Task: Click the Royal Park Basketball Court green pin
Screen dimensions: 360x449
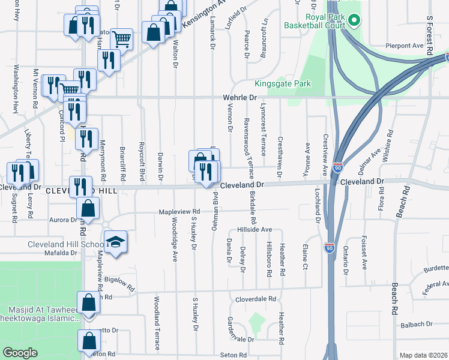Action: click(x=354, y=22)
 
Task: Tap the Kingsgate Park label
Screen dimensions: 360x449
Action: click(x=282, y=84)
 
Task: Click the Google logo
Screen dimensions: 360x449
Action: click(x=20, y=353)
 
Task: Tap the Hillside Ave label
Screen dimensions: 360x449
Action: click(x=255, y=230)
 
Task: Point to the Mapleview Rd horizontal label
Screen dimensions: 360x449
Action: click(x=179, y=212)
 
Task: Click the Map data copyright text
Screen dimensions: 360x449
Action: click(x=424, y=355)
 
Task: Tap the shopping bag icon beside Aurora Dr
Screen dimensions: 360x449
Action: click(x=88, y=209)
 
